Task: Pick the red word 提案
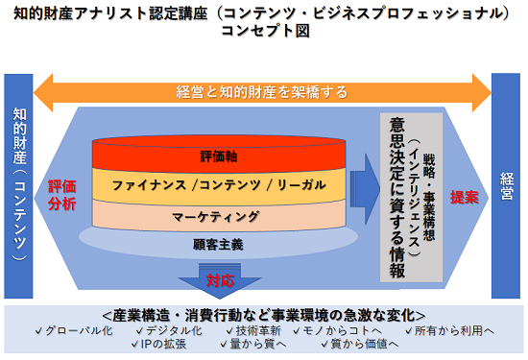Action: click(x=464, y=196)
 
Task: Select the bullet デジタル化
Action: click(x=170, y=330)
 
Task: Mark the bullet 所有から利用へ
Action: click(x=452, y=330)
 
